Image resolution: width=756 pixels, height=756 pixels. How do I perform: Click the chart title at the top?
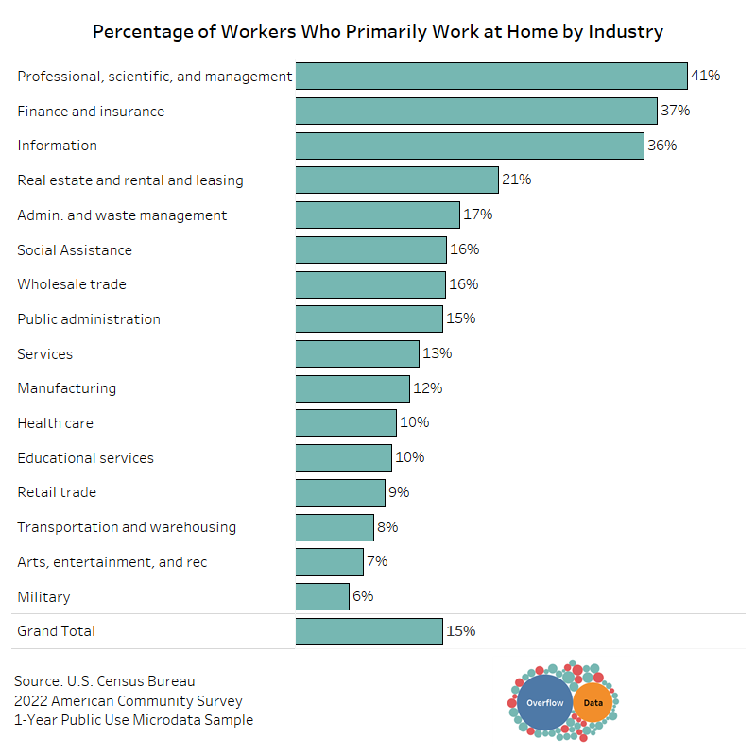click(378, 31)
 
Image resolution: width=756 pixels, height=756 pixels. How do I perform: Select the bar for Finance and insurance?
click(476, 111)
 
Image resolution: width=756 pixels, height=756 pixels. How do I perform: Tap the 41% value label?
click(705, 76)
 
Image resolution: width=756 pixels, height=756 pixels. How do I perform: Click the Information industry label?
click(58, 146)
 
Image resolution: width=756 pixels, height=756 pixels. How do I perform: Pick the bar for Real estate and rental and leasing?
click(397, 180)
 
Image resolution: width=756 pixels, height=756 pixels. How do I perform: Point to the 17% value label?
click(478, 215)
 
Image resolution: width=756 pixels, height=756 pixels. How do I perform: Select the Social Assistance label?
click(75, 250)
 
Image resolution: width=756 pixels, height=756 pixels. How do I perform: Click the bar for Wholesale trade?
click(370, 284)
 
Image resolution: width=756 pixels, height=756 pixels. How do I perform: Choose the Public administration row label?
click(89, 319)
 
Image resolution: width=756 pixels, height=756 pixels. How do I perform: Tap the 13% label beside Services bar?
click(438, 353)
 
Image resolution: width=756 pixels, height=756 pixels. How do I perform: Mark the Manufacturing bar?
click(352, 388)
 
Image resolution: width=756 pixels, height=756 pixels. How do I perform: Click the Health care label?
click(56, 423)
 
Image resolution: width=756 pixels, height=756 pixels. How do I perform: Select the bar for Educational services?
click(344, 457)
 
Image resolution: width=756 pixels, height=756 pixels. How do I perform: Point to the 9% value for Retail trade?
click(399, 492)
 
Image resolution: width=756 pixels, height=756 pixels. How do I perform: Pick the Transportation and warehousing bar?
click(335, 527)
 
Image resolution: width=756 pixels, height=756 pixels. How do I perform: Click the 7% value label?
click(377, 561)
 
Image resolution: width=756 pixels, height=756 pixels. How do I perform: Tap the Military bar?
click(322, 596)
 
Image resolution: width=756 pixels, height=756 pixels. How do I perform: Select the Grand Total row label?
click(57, 631)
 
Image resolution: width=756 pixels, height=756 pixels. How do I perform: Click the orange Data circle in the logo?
click(593, 703)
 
